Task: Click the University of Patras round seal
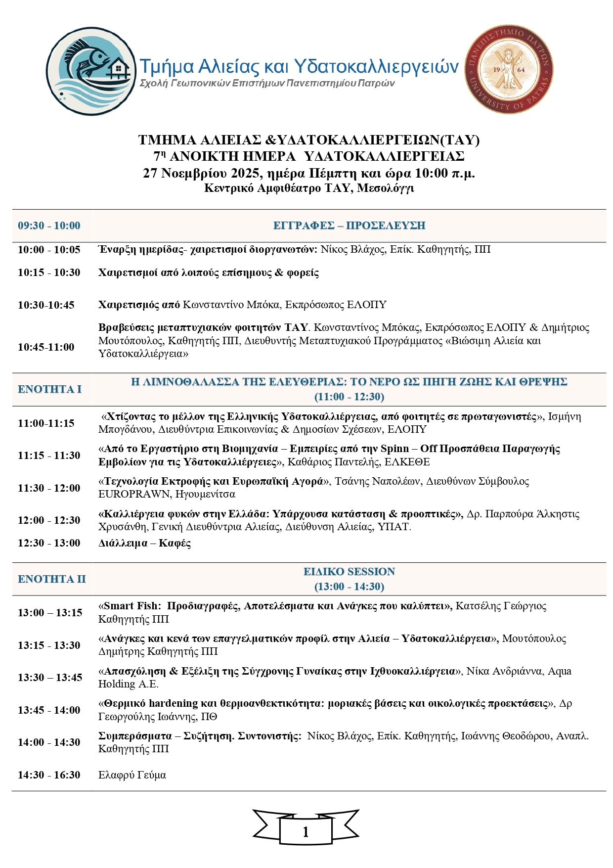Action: tap(509, 70)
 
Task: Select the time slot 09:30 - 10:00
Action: tap(49, 226)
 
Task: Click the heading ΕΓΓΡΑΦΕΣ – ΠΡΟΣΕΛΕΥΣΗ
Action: tap(349, 226)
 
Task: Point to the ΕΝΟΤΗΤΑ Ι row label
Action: tap(49, 389)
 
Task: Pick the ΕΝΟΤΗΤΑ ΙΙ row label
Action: tap(51, 579)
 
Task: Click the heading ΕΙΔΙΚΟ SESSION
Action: tap(349, 572)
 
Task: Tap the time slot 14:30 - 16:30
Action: tap(49, 775)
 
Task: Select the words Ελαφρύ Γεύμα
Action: tap(132, 775)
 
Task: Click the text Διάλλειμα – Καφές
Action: tap(144, 543)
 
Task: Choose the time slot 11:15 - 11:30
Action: tap(49, 456)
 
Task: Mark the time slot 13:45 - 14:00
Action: tap(49, 710)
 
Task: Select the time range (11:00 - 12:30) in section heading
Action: tap(349, 397)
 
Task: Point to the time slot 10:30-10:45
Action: tap(46, 305)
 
